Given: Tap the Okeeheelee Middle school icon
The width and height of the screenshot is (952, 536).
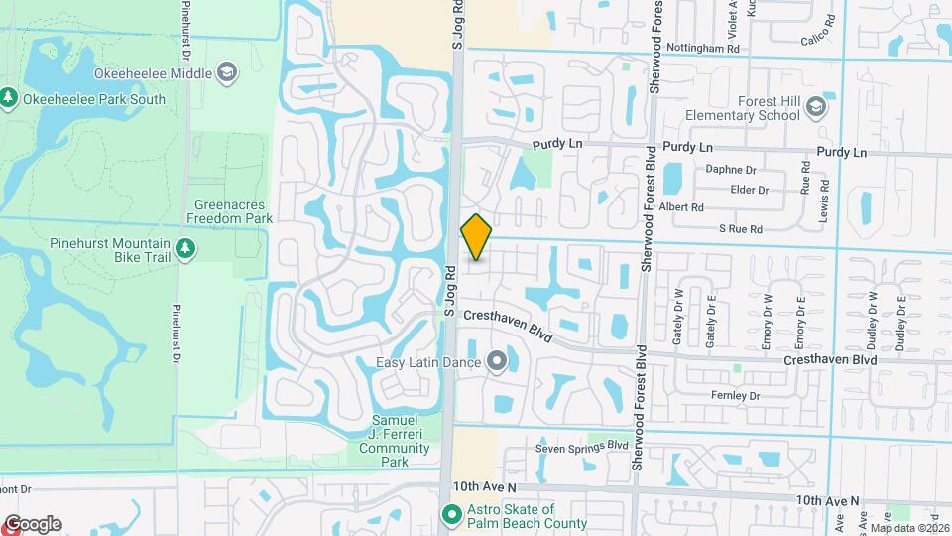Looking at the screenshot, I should point(228,72).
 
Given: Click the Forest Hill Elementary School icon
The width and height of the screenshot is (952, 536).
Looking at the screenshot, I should point(815,107).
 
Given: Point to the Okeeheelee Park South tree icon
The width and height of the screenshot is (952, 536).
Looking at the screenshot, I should point(9,97).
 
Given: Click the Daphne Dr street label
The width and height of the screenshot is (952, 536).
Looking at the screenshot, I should point(731,169).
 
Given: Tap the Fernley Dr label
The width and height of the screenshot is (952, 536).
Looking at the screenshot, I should point(735,396).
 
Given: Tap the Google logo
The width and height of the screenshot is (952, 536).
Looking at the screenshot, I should point(33,524).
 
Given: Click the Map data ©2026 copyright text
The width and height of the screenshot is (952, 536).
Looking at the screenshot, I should point(909,529).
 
